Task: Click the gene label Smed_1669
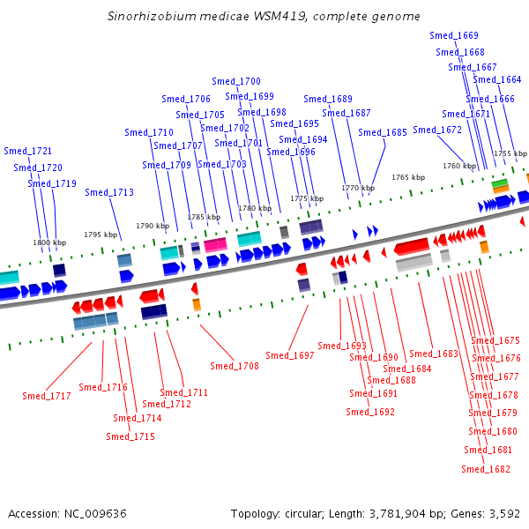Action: pos(454,35)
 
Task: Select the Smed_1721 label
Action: pos(27,151)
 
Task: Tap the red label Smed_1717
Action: pos(47,396)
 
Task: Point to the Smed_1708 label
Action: pos(235,366)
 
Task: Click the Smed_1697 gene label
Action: pos(290,355)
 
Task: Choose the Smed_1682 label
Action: pos(486,469)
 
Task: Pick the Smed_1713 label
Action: pos(109,192)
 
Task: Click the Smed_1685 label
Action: pos(383,132)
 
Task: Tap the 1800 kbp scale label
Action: pos(49,242)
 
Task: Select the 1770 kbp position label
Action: pos(358,188)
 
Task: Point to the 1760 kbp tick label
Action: pos(459,166)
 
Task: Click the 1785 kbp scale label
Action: pos(204,217)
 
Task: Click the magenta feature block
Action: pos(216,244)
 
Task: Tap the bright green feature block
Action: pos(500,183)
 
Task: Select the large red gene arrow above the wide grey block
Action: pos(412,246)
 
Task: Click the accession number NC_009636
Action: pos(95,513)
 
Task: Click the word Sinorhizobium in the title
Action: pos(152,16)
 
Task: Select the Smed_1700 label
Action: pos(236,81)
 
